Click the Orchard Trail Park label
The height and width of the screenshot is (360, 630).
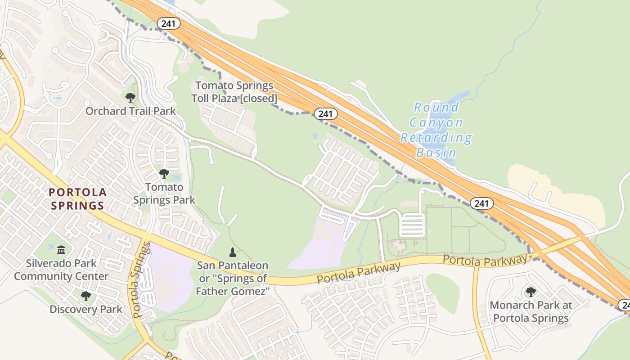pos(130,111)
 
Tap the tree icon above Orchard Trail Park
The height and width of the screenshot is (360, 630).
pos(130,97)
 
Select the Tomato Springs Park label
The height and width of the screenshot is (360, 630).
pos(164,193)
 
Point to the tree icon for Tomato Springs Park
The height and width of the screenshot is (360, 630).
pos(164,173)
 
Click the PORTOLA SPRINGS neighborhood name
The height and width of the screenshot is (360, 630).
pos(77,199)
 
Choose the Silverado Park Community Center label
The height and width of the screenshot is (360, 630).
pos(61,270)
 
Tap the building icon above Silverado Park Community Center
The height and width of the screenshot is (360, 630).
pos(61,250)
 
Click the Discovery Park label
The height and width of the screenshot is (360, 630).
pos(85,309)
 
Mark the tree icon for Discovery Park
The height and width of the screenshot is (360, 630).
pos(85,296)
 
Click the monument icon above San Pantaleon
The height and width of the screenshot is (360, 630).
pos(232,252)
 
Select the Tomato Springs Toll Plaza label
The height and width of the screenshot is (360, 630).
pos(234,91)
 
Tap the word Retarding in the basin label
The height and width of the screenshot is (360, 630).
pos(436,138)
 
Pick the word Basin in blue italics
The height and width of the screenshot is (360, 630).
pos(436,153)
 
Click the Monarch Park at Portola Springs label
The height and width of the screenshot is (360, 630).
pos(531,311)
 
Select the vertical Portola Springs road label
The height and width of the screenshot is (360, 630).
pos(139,280)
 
